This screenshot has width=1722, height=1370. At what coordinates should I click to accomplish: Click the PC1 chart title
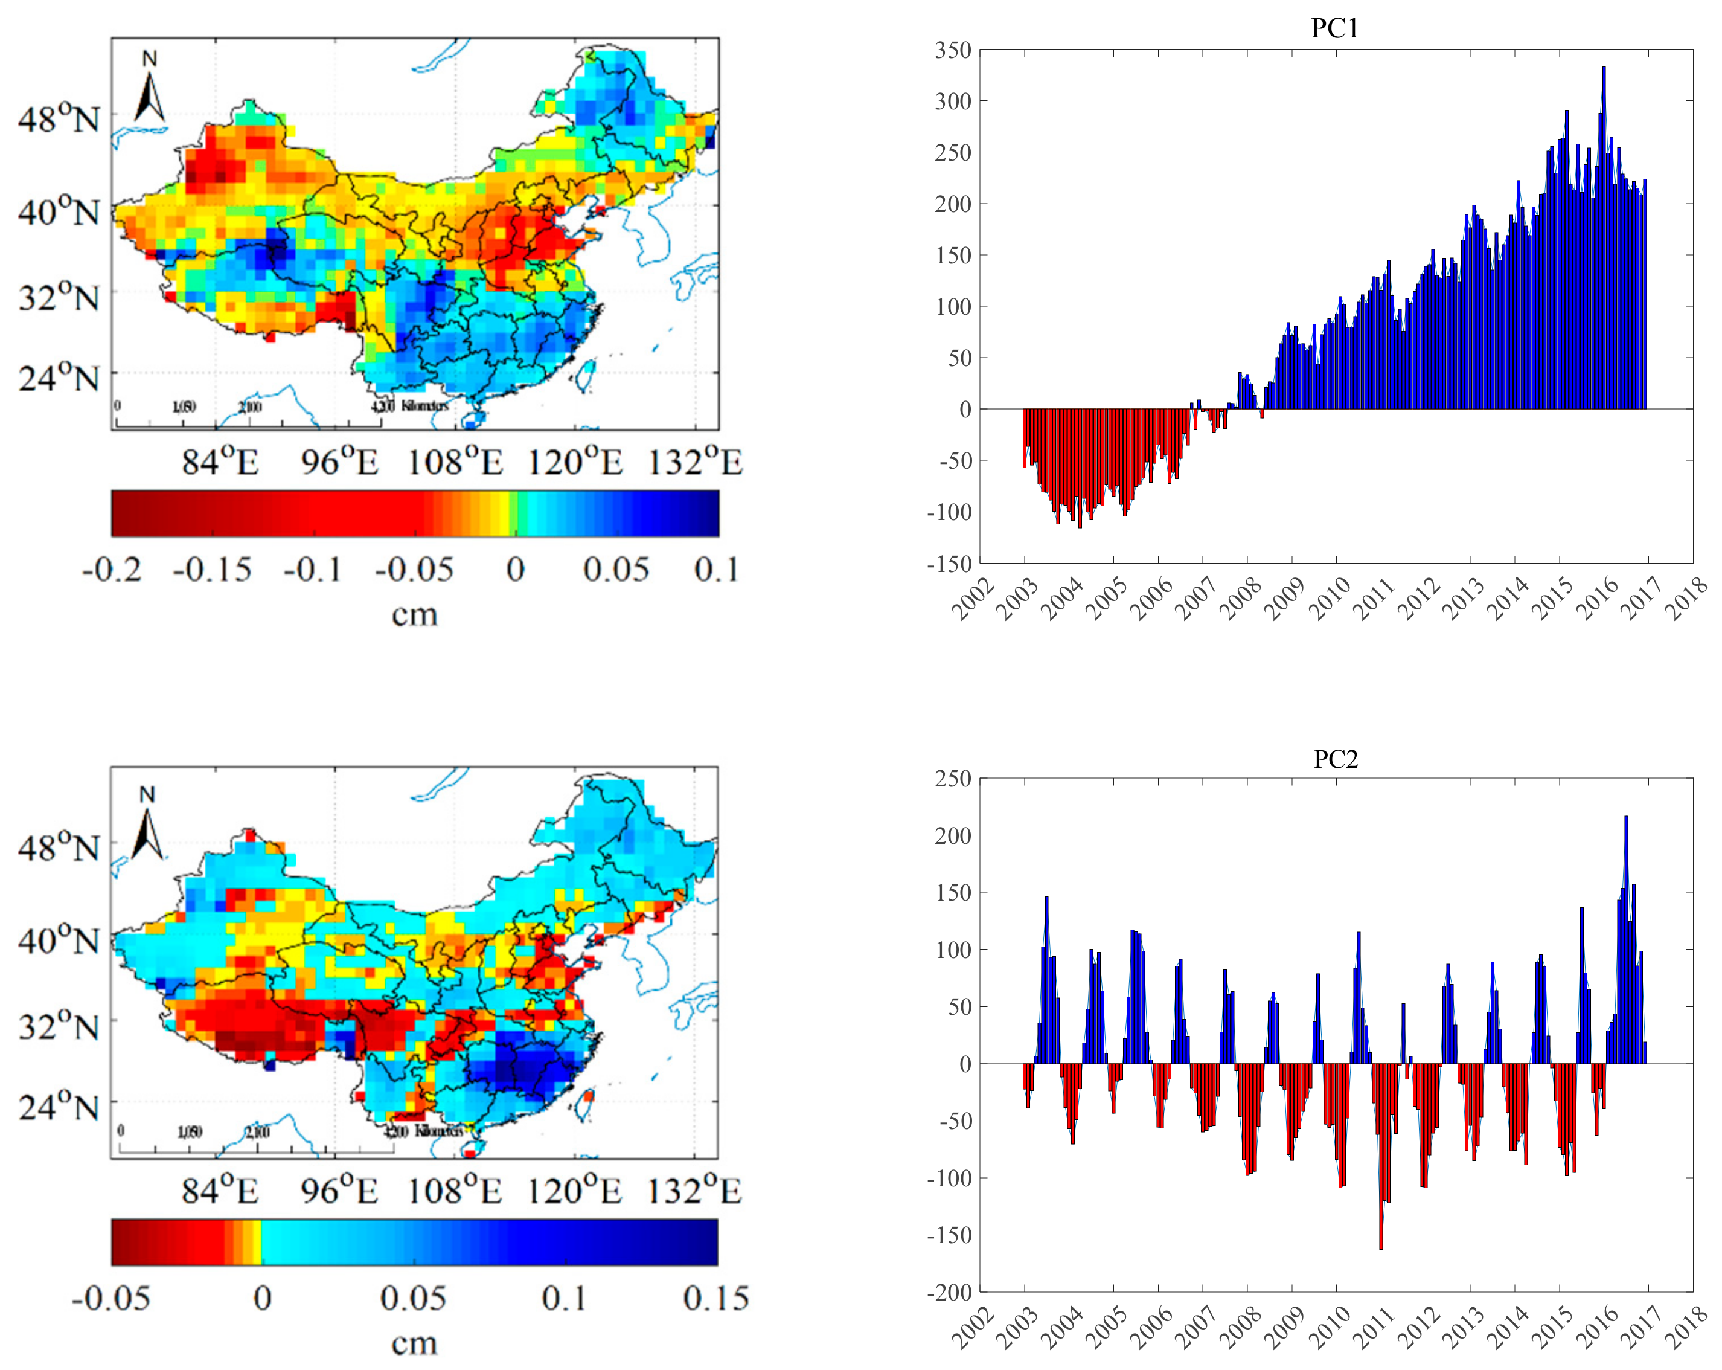(1334, 29)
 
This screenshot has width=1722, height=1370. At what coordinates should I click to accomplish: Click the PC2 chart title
(1336, 759)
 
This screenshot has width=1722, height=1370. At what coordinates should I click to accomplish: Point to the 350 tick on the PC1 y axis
(953, 50)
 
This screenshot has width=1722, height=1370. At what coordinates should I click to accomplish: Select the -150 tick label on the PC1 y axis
(949, 564)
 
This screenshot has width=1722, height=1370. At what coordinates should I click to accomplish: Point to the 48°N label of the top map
(59, 120)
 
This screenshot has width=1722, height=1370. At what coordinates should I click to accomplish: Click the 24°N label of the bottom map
(59, 1107)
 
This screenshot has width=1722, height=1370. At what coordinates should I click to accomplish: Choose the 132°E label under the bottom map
(694, 1191)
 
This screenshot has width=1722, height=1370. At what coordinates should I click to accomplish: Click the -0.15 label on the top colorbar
(212, 570)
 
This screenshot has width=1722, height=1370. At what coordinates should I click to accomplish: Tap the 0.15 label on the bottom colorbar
(715, 1298)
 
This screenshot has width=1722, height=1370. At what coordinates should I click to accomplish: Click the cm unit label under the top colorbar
(415, 615)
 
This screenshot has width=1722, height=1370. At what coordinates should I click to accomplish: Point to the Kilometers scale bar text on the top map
(424, 406)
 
